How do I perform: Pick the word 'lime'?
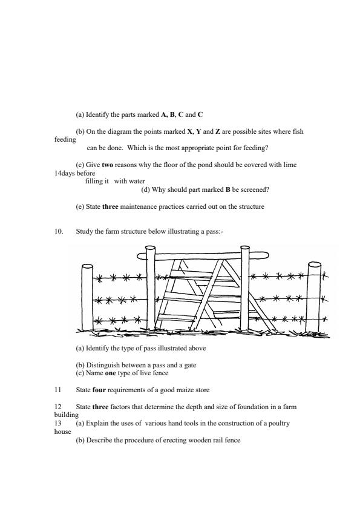290,165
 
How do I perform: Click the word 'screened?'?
255,189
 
